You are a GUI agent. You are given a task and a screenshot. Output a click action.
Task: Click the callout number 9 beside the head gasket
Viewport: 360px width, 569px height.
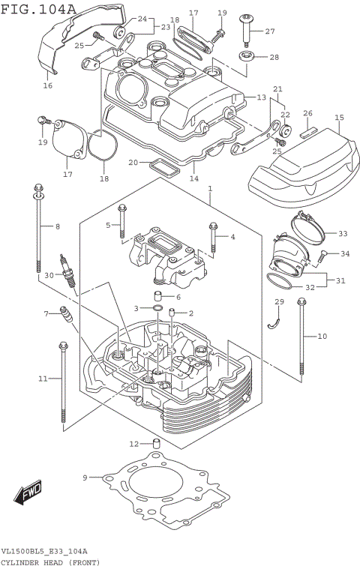pyautogui.click(x=85, y=477)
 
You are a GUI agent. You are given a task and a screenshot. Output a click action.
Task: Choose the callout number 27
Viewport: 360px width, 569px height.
pyautogui.click(x=270, y=31)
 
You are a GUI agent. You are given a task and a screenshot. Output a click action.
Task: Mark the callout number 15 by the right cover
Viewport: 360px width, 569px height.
pyautogui.click(x=339, y=118)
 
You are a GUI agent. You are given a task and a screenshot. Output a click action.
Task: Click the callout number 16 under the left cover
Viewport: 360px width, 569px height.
pyautogui.click(x=47, y=86)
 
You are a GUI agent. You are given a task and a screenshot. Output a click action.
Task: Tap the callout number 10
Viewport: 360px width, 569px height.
pyautogui.click(x=322, y=337)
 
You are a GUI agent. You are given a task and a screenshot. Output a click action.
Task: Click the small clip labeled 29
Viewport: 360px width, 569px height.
pyautogui.click(x=275, y=320)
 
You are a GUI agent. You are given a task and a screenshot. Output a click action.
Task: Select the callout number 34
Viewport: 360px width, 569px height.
pyautogui.click(x=345, y=254)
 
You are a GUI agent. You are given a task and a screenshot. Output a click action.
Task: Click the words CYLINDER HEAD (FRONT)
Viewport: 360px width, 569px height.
pyautogui.click(x=49, y=562)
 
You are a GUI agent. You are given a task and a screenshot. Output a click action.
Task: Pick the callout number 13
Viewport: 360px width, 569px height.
pyautogui.click(x=261, y=97)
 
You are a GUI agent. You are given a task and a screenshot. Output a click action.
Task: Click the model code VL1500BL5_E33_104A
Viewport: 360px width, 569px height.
pyautogui.click(x=44, y=551)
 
